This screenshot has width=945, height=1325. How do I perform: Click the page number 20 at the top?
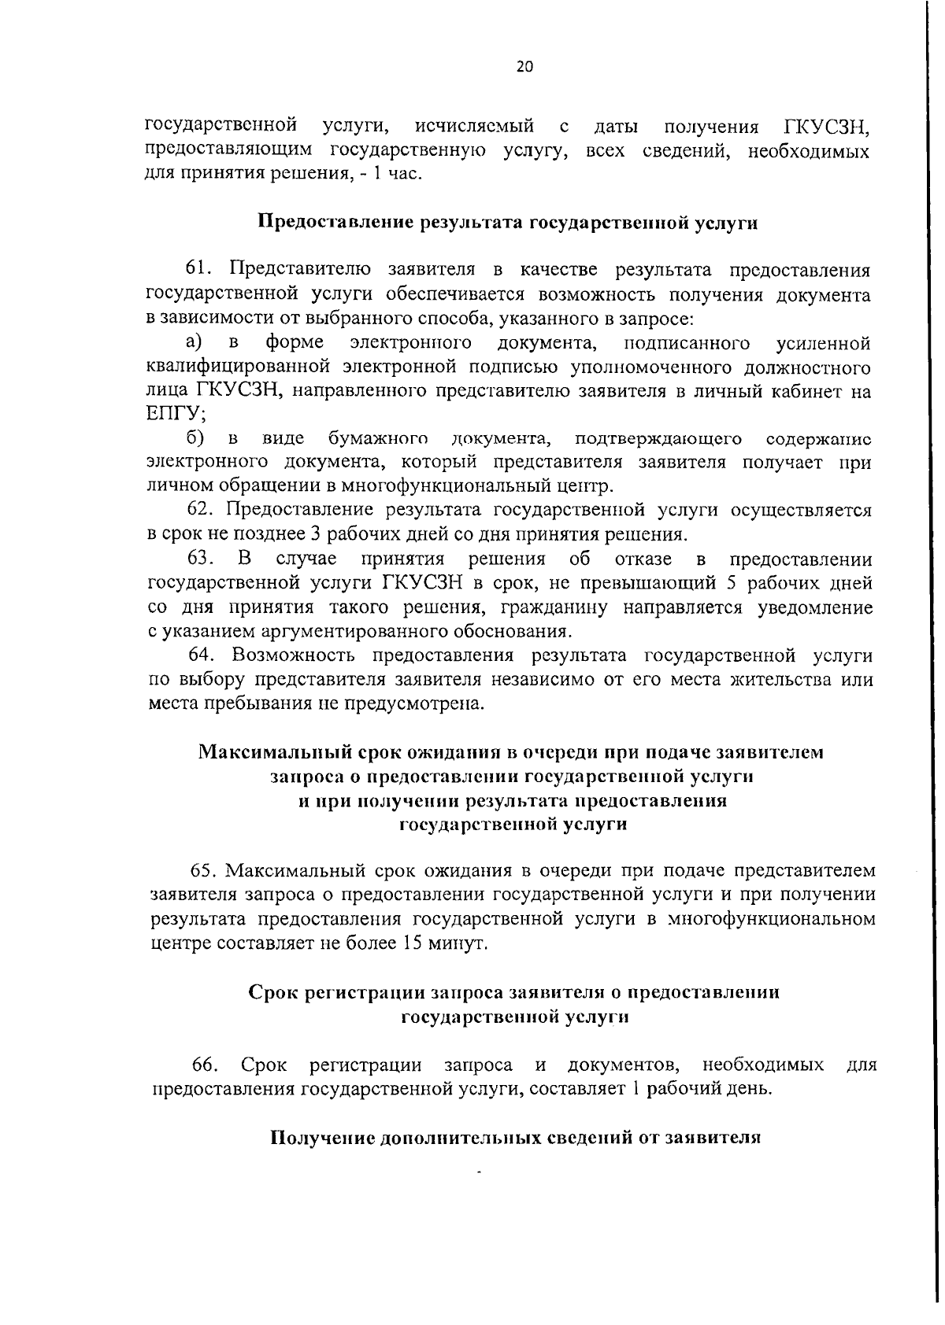(x=524, y=67)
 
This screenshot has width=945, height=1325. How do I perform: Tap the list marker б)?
(x=195, y=437)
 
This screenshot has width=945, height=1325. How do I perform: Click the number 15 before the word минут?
(x=414, y=943)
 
